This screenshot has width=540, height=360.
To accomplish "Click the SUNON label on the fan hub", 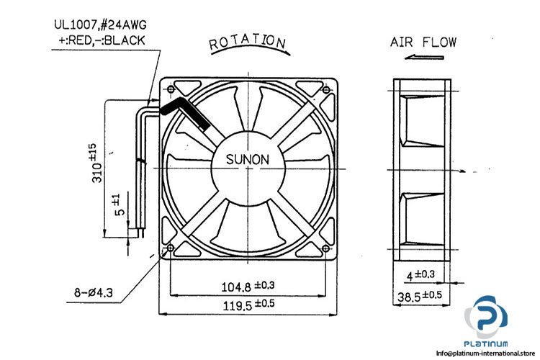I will click(x=249, y=158).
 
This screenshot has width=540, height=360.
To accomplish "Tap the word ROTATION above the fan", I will click(x=247, y=42).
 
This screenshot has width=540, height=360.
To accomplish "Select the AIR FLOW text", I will click(x=423, y=42).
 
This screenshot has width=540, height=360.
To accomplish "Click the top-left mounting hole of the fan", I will click(x=170, y=89).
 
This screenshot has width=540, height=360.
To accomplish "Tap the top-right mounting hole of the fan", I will click(x=328, y=89).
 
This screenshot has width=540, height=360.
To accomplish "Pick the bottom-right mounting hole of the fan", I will click(x=328, y=250).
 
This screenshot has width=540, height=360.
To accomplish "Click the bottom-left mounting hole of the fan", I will click(x=170, y=250).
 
